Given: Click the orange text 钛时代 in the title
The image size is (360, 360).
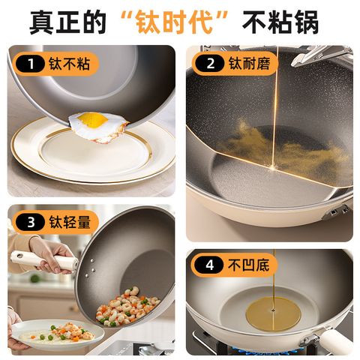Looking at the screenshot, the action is tap(174, 22).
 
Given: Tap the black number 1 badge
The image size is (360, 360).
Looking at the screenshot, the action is tap(30, 64).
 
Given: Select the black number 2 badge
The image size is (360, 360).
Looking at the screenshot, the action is tap(210, 64).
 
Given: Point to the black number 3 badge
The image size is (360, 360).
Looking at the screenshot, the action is tap(30, 222).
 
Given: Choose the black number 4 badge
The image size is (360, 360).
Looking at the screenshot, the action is tap(209, 265).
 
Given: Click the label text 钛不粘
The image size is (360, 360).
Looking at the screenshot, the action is tap(69, 64).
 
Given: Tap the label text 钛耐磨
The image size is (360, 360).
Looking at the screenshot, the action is tap(250, 64).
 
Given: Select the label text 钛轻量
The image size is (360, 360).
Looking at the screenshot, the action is tap(69, 222).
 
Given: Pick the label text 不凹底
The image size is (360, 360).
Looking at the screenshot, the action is tap(248, 265).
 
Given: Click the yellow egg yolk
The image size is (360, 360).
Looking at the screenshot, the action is tap(92, 119).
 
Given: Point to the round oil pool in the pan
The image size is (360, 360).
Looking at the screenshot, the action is tap(273, 313).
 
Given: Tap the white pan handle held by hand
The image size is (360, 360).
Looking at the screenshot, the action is tap(43, 260).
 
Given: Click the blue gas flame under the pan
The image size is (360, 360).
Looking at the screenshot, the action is tap(270, 350).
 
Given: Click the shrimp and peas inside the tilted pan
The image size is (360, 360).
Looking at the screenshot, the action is tap(127, 307).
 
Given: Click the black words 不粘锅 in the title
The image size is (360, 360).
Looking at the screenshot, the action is tap(280, 22).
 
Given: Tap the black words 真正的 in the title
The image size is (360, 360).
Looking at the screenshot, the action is tap(67, 22).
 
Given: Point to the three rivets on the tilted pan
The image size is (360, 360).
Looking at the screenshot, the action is tap(90, 268).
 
